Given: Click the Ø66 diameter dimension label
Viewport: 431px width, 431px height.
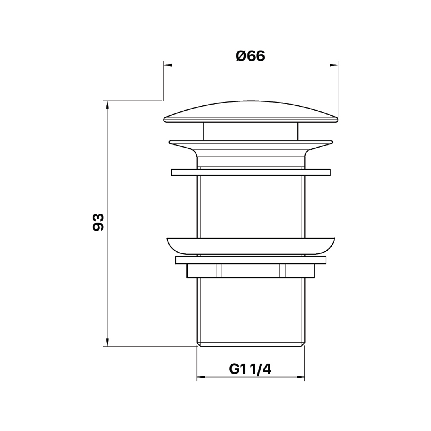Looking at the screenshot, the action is point(250,56).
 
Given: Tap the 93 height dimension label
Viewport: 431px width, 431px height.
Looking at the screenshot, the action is point(98,222).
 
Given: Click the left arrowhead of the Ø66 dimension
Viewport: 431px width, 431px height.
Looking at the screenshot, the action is point(167,65).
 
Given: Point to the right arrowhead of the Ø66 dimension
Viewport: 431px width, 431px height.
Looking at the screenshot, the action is point(334,65).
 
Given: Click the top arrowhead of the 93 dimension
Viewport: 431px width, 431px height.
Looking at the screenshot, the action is point(107,105).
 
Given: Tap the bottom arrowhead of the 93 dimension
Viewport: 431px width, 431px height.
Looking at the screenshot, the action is point(107,342).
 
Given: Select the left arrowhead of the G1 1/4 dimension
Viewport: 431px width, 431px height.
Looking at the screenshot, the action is point(201,377).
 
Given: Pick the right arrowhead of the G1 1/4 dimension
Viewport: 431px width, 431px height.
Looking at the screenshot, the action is point(301,377).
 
